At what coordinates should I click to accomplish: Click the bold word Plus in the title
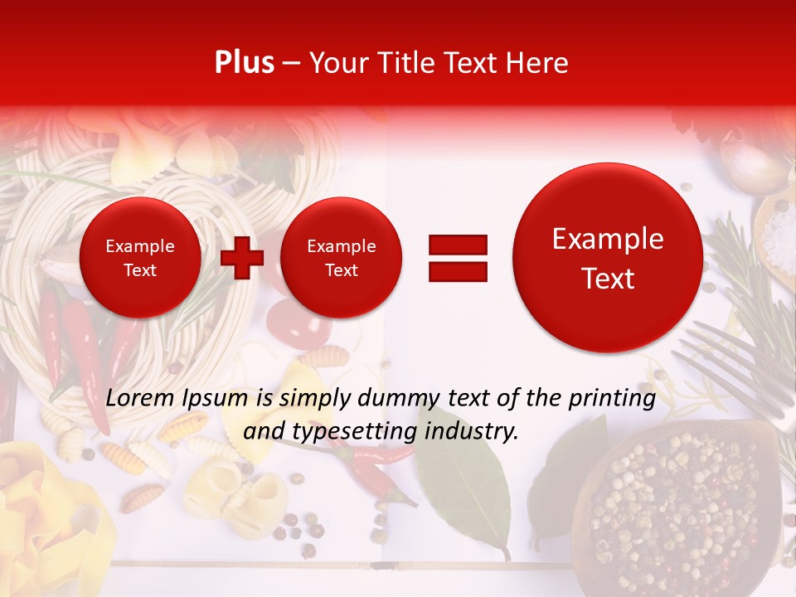pos(244,63)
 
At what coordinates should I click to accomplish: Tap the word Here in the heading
pos(539,63)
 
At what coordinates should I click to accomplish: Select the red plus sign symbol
pos(242,258)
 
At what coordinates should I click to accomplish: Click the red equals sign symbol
pos(457,258)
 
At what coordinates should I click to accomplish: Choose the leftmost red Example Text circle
pos(140,258)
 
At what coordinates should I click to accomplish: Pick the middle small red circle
pos(341,258)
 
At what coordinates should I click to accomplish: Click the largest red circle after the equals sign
pos(608,258)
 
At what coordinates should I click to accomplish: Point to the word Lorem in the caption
pos(138,398)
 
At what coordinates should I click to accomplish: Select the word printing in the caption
pos(612,399)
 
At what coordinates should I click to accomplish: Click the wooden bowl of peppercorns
pos(680,506)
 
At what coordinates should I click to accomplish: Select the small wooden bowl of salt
pos(777,232)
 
